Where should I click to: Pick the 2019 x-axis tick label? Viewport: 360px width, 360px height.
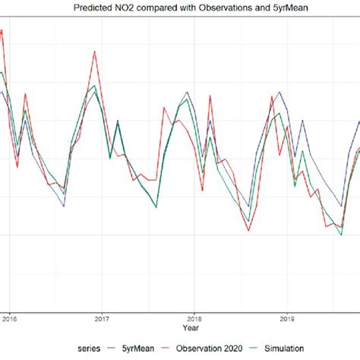tap(286, 318)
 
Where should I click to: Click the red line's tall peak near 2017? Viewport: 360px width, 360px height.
tap(94, 52)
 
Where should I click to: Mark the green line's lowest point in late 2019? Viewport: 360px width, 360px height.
tap(341, 235)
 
